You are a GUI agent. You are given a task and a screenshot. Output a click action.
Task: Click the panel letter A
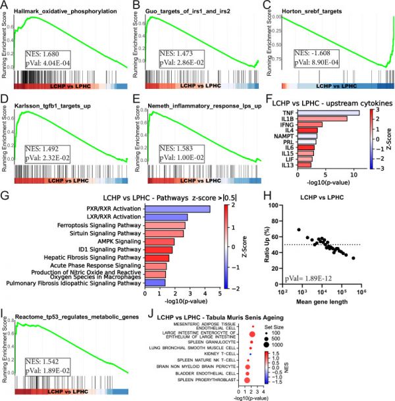4,6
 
